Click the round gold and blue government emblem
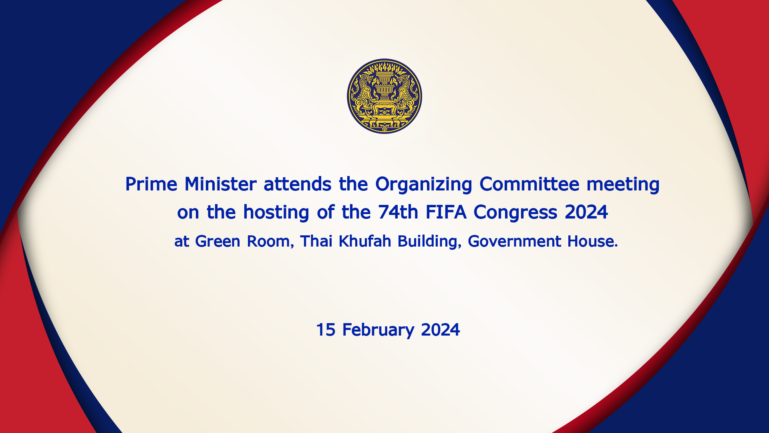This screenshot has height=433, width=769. (x=384, y=96)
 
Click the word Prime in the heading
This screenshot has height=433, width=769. (x=151, y=184)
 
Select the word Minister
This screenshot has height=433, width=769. (x=220, y=184)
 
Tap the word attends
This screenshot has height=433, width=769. (x=298, y=184)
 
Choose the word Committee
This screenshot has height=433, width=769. (x=529, y=184)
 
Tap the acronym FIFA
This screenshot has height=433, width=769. (x=446, y=212)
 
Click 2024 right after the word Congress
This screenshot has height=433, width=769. (x=586, y=212)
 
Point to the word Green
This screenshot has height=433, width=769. (x=217, y=241)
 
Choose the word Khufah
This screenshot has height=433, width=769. (x=365, y=241)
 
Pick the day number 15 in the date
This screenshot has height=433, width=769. (x=326, y=330)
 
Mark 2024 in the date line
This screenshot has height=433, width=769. (x=441, y=330)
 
